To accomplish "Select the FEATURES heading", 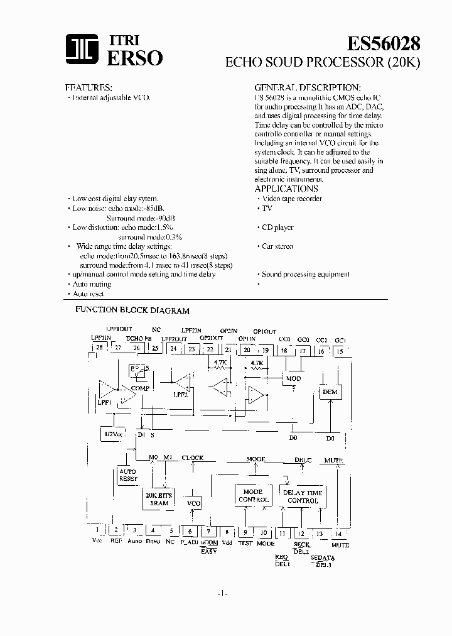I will (x=89, y=87).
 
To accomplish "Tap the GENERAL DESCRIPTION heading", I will (x=307, y=87).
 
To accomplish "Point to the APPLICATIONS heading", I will (x=286, y=189).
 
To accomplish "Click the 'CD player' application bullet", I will (x=277, y=228).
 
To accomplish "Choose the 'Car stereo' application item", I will (x=277, y=246).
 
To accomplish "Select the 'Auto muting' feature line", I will (x=92, y=284).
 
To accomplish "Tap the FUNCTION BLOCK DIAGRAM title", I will (x=132, y=310).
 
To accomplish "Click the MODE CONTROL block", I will (x=253, y=496).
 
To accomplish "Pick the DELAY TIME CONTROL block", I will (x=303, y=496).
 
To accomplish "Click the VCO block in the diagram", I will (x=193, y=503).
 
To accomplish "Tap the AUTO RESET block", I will (x=128, y=475).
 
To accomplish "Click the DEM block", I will (x=330, y=392).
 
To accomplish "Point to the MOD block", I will (x=293, y=378).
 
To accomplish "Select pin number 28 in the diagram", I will (x=99, y=347).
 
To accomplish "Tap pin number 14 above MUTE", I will (x=340, y=534).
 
